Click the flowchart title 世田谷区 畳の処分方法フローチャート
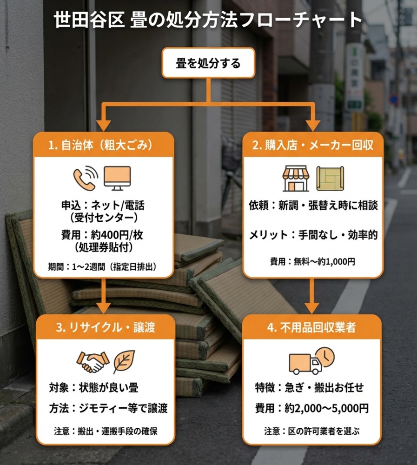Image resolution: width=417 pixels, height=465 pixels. pyautogui.click(x=208, y=20)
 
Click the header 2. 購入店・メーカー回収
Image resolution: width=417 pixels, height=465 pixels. pyautogui.click(x=313, y=145)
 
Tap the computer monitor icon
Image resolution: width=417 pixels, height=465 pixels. pyautogui.click(x=117, y=178)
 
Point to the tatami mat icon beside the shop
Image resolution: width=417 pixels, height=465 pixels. pyautogui.click(x=330, y=179)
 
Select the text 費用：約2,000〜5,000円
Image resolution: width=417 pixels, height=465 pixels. pyautogui.click(x=312, y=408)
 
